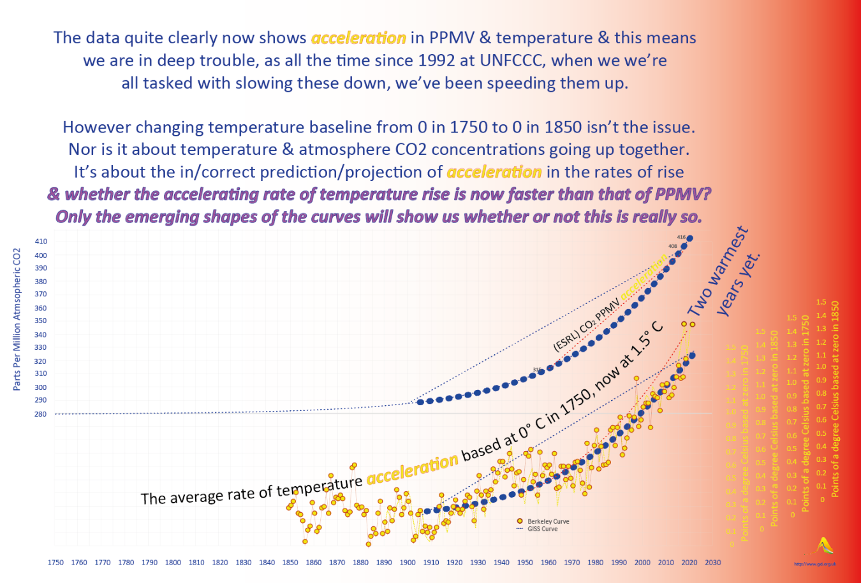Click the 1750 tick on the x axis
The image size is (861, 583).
click(x=55, y=563)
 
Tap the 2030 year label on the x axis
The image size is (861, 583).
click(x=712, y=563)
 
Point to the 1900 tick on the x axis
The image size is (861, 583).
click(x=408, y=563)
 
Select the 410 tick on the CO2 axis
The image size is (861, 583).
click(x=40, y=241)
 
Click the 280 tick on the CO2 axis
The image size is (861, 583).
click(x=40, y=414)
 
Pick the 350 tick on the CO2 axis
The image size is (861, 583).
click(x=40, y=321)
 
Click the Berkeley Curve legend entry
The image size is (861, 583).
click(x=547, y=521)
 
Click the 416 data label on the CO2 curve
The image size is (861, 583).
click(x=681, y=238)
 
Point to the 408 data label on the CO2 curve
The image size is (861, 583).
click(x=672, y=246)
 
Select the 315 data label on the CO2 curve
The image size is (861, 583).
click(x=537, y=370)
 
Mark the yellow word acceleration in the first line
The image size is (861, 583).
click(x=358, y=38)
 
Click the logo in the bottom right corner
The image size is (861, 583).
click(x=825, y=547)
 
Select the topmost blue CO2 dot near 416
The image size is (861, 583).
click(x=689, y=238)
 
